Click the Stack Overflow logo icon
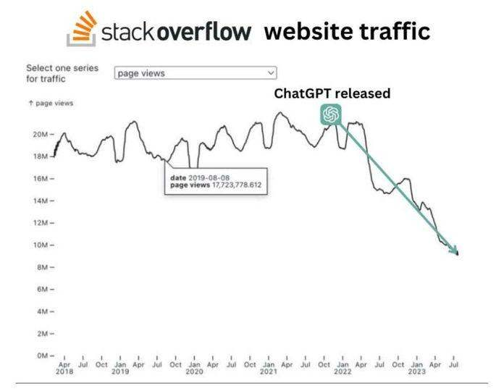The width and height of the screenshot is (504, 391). click(82, 29)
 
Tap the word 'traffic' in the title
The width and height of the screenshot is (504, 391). click(395, 31)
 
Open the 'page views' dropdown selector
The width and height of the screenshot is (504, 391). click(196, 72)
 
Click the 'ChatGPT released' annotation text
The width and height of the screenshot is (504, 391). click(332, 93)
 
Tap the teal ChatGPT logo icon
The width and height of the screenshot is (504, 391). click(332, 114)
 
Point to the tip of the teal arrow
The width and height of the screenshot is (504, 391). click(458, 254)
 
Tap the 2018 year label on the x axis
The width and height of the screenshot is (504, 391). click(64, 371)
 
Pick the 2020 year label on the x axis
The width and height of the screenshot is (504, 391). click(194, 371)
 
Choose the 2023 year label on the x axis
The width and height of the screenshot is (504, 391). click(416, 371)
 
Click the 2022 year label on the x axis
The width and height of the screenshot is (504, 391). click(343, 371)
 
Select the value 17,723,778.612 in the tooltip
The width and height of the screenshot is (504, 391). click(236, 185)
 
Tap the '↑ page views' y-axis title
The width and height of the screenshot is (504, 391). click(51, 104)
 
